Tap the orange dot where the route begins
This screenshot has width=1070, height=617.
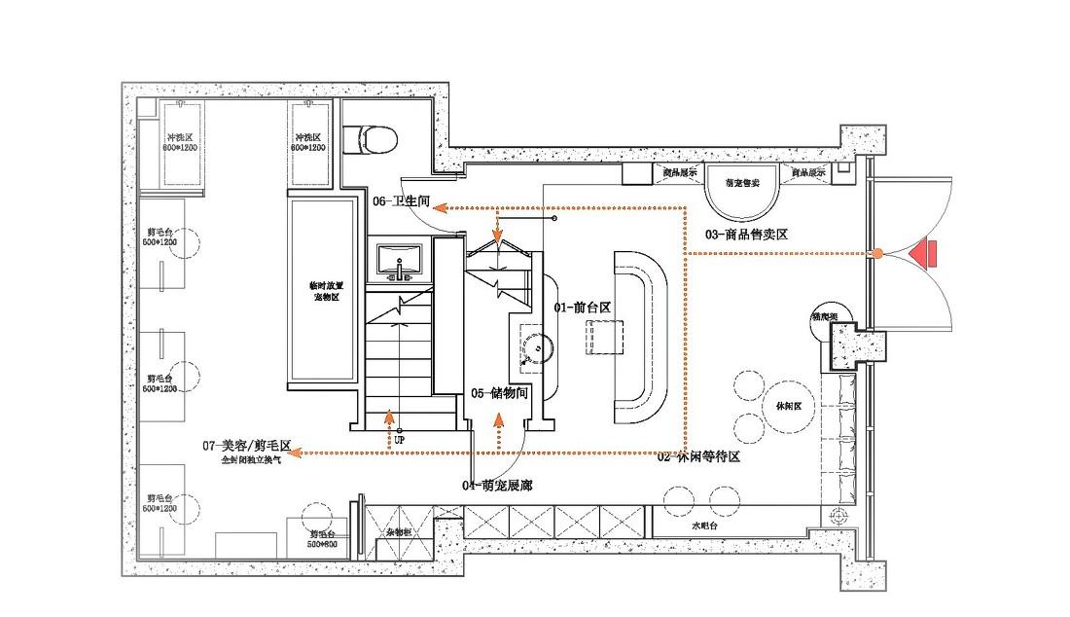[x=877, y=253]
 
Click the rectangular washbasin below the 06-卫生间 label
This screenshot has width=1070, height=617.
[x=399, y=260]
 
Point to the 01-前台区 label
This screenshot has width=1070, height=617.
[x=582, y=307]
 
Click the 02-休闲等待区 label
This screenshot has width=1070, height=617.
[x=698, y=455]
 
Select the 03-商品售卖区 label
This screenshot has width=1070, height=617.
[x=745, y=235]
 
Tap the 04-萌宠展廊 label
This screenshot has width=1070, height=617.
[x=496, y=485]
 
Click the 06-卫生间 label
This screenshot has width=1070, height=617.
[x=401, y=201]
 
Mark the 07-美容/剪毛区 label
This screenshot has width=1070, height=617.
[x=247, y=445]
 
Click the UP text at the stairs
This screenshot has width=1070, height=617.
[x=399, y=441]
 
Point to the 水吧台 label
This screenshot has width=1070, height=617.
[x=704, y=526]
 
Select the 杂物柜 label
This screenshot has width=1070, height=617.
[x=399, y=533]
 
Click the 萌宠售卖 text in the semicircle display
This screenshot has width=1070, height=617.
[x=743, y=182]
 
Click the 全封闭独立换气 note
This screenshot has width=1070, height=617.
[x=251, y=459]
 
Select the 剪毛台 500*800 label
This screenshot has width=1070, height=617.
[x=323, y=538]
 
